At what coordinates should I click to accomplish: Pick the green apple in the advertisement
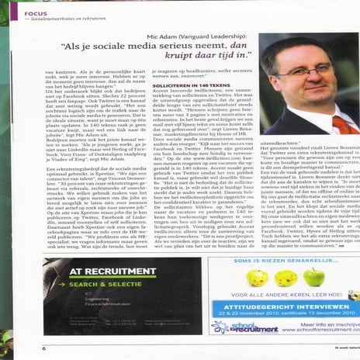pyautogui.click(x=314, y=277)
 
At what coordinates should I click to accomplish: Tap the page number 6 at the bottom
pyautogui.click(x=43, y=348)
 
